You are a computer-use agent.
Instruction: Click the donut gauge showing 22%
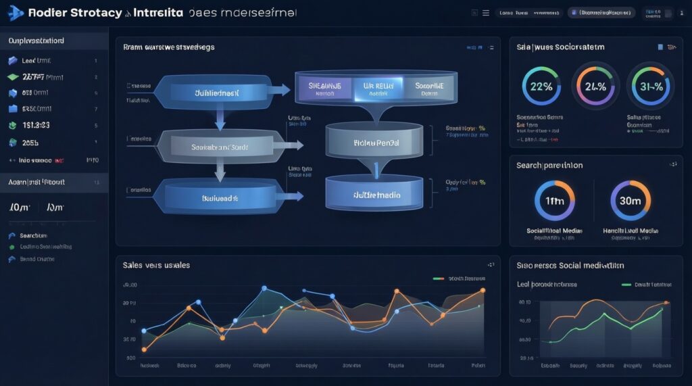542,86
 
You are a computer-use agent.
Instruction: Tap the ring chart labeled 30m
630,201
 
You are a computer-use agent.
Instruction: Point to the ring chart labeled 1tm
554,201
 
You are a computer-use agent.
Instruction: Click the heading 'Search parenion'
549,165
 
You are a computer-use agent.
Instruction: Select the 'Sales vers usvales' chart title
156,265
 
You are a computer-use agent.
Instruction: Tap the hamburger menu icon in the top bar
485,13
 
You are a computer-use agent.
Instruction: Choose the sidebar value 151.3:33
36,125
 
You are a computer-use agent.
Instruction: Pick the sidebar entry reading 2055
31,143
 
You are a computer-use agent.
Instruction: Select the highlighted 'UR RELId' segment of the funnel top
377,88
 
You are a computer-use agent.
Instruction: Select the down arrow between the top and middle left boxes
220,118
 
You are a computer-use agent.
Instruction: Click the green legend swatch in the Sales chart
438,278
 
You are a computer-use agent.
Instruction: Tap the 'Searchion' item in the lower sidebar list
32,236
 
